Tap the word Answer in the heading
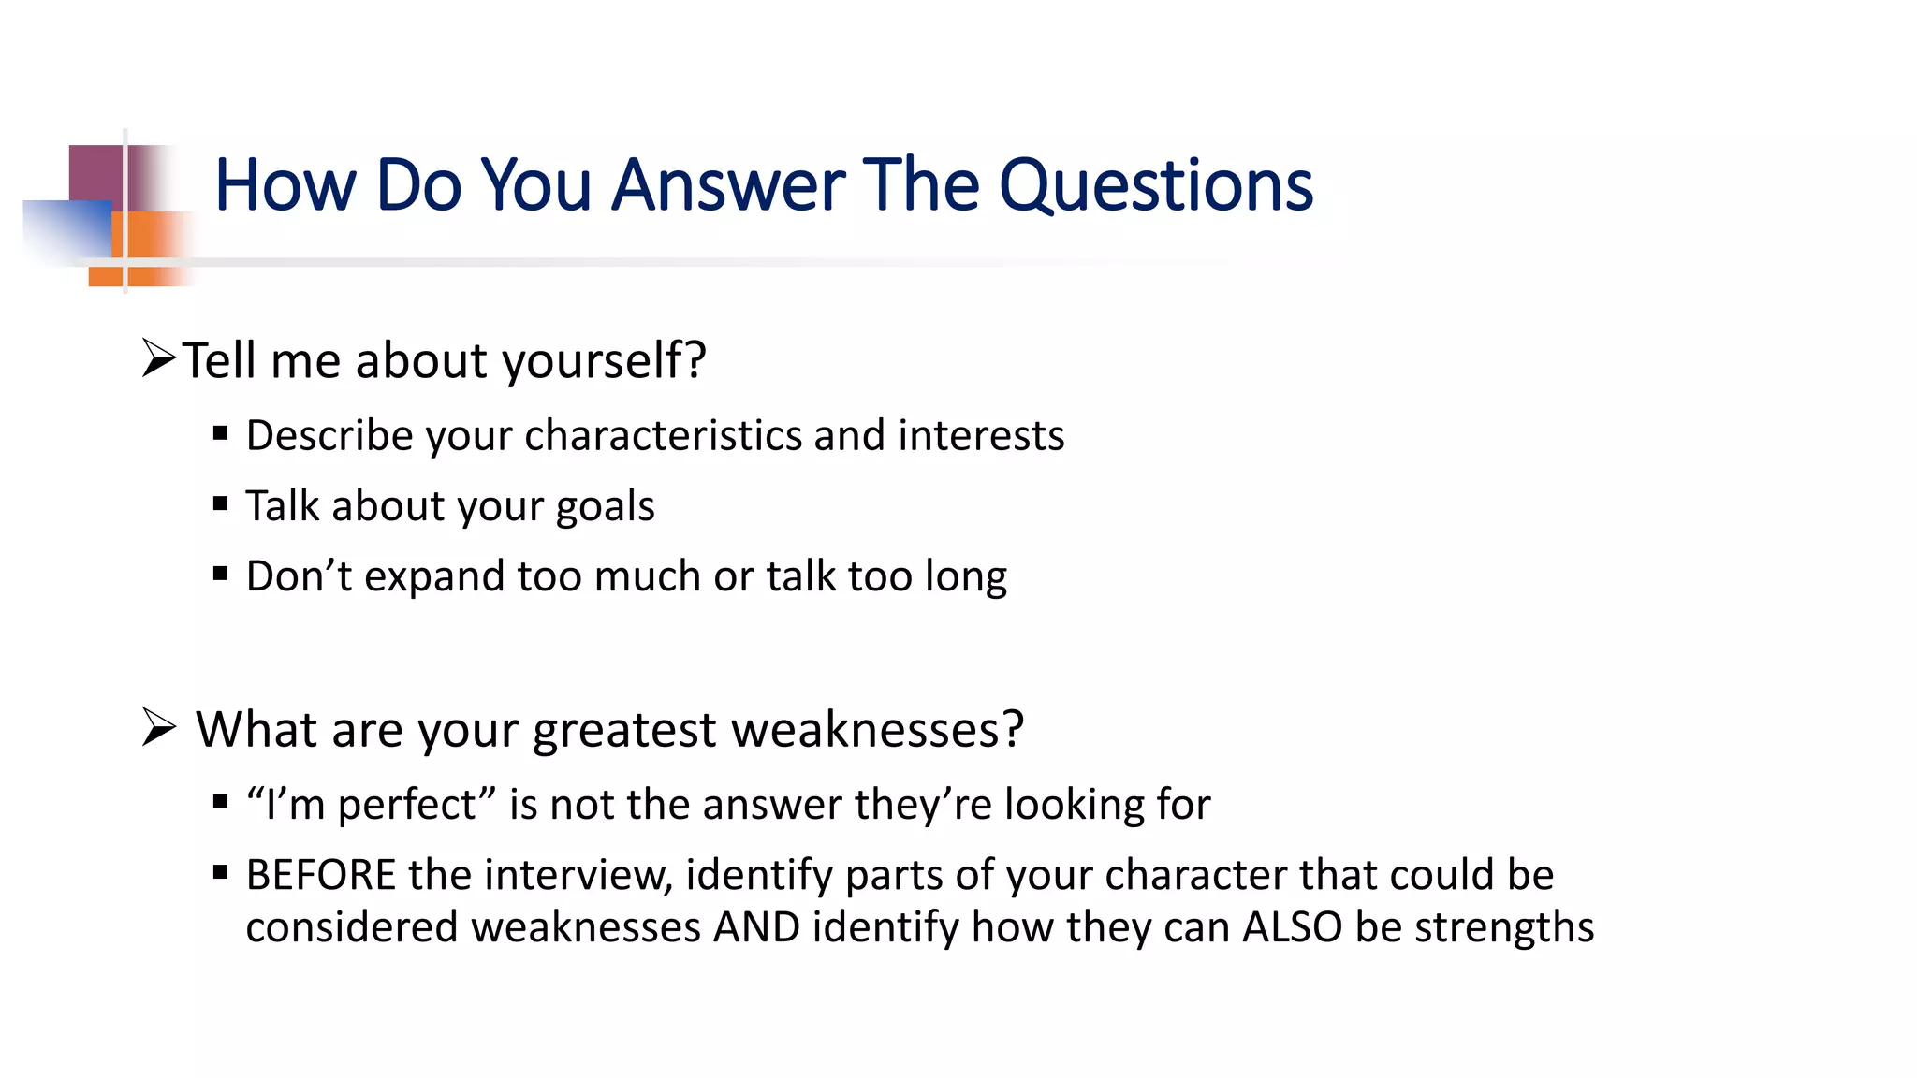point(729,186)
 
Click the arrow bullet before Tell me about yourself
point(159,358)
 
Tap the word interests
point(981,436)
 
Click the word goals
point(605,507)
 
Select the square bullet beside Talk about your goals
point(221,503)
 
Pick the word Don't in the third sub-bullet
point(299,576)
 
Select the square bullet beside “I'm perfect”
point(221,802)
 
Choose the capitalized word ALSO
point(1293,927)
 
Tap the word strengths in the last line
point(1503,927)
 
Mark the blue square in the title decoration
point(66,229)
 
